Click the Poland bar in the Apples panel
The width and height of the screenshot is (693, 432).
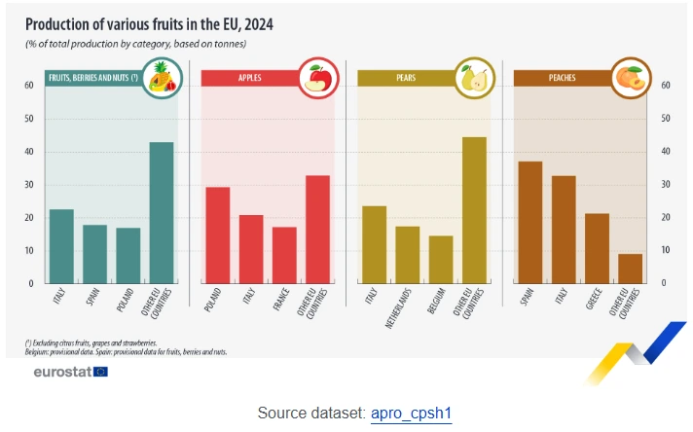(x=217, y=234)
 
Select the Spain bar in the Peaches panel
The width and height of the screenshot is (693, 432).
(x=529, y=222)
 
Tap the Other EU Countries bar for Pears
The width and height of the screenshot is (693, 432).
(x=474, y=210)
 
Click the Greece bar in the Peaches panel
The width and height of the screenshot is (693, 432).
(x=597, y=248)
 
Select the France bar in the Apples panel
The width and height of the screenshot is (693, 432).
(x=284, y=255)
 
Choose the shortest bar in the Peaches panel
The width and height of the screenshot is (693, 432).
(x=630, y=269)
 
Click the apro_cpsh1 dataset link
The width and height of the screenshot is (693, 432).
(x=411, y=414)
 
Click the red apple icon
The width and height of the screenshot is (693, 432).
(x=318, y=78)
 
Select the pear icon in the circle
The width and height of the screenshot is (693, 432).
(x=472, y=78)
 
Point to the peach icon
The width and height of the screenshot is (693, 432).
(x=630, y=78)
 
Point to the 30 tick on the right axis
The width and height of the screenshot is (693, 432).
(x=666, y=185)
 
